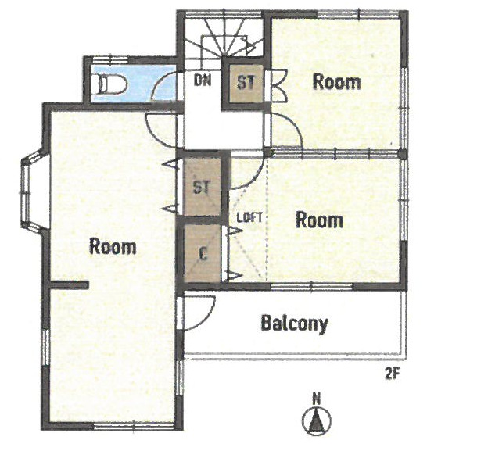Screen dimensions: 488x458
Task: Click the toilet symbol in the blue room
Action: coord(112,84)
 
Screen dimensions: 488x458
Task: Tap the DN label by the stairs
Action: coord(203,81)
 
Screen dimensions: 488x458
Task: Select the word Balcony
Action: coord(294,324)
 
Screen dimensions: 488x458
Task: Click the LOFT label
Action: coord(249,217)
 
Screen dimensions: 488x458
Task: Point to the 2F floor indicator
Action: coord(392,374)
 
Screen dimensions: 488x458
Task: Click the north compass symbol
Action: coord(317,421)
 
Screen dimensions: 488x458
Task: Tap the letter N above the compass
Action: coord(317,399)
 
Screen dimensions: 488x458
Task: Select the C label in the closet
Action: coord(203,254)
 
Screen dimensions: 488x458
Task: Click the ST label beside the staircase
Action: coord(246,82)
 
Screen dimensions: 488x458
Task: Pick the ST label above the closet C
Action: coord(202,187)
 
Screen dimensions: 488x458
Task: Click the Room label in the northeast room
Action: coord(337,82)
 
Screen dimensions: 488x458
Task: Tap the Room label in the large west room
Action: coord(113,246)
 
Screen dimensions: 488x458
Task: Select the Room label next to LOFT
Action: coord(320,220)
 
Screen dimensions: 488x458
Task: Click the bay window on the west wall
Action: coord(31,191)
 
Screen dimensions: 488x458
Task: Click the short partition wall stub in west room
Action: coord(70,284)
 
